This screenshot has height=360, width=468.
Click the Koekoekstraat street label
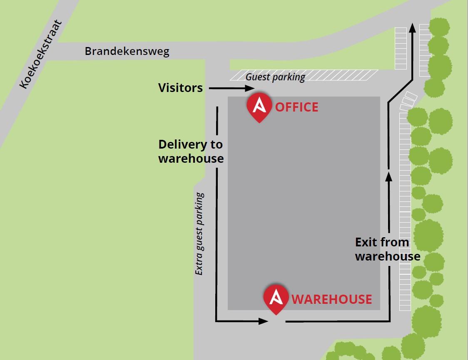(x=40, y=55)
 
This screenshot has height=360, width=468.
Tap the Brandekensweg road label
(x=127, y=52)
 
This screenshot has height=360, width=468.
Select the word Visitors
(x=180, y=88)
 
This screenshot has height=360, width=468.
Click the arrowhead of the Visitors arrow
(x=250, y=88)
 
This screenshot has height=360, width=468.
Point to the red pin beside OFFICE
(x=259, y=108)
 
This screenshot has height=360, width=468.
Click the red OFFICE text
(x=297, y=107)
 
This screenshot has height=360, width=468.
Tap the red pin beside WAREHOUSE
(x=276, y=299)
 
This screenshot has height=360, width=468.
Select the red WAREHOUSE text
(x=332, y=299)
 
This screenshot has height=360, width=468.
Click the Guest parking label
(x=275, y=77)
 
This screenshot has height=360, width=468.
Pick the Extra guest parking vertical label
(x=200, y=233)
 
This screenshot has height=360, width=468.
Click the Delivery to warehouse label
(x=191, y=151)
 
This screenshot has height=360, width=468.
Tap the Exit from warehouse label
(x=387, y=249)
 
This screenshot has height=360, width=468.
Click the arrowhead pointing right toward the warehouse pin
(x=263, y=321)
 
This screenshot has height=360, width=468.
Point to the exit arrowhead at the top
(x=412, y=27)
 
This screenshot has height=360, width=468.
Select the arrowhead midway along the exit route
(x=388, y=176)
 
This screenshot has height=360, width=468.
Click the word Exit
(x=366, y=242)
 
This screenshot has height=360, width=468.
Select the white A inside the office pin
(x=259, y=105)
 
